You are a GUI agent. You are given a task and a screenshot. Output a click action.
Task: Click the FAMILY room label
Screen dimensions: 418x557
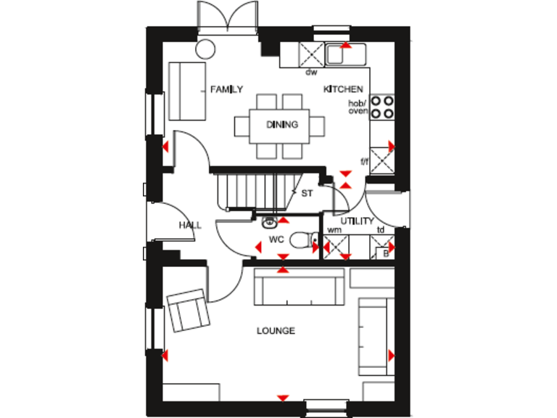pyautogui.click(x=226, y=89)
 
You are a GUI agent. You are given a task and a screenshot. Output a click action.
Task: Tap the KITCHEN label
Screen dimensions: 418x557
pyautogui.click(x=343, y=89)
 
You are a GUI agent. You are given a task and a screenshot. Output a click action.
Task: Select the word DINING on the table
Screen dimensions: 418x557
pyautogui.click(x=281, y=125)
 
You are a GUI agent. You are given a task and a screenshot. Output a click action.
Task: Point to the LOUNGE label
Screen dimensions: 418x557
pyautogui.click(x=276, y=331)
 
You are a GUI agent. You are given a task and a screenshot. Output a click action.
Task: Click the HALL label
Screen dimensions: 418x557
pyautogui.click(x=190, y=226)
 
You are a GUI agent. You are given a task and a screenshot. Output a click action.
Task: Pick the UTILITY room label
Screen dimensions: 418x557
pyautogui.click(x=357, y=221)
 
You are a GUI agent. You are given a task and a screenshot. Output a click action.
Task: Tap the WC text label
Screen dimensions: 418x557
pyautogui.click(x=276, y=239)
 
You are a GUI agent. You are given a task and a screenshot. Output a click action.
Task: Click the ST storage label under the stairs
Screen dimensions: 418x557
pyautogui.click(x=307, y=193)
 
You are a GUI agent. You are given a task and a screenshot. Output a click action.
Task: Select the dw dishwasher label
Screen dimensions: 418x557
pyautogui.click(x=311, y=72)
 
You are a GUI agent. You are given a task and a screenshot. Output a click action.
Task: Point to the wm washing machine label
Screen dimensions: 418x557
pyautogui.click(x=334, y=230)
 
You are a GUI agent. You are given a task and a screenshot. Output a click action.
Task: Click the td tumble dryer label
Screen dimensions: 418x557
pyautogui.click(x=381, y=230)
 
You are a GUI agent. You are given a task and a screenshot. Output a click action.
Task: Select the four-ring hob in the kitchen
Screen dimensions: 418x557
pyautogui.click(x=382, y=107)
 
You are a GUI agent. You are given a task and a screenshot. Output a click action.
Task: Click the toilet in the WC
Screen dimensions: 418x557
pyautogui.click(x=300, y=238)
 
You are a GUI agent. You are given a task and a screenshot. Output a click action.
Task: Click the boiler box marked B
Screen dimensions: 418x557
pyautogui.click(x=386, y=253)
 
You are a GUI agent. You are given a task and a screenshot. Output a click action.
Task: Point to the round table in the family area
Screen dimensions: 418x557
pyautogui.click(x=206, y=49)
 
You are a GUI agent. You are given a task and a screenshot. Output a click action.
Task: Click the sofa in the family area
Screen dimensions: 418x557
pyautogui.click(x=185, y=92)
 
